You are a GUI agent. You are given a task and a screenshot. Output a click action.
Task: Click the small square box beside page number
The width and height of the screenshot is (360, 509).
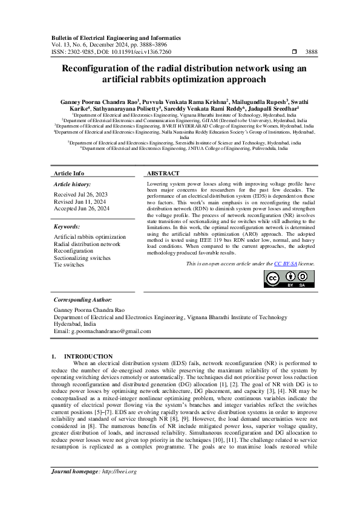click(x=294, y=52)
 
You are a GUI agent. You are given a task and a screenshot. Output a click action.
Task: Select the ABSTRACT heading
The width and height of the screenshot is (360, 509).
click(x=163, y=173)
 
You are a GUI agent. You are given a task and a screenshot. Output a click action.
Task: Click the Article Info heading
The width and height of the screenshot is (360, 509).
click(x=70, y=173)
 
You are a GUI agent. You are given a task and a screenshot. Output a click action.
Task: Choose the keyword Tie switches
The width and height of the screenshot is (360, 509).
click(x=69, y=265)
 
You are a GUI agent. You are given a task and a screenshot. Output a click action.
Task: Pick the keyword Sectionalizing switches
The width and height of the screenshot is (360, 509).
click(x=82, y=258)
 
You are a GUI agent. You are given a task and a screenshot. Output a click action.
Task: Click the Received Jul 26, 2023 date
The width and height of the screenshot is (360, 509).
click(x=80, y=195)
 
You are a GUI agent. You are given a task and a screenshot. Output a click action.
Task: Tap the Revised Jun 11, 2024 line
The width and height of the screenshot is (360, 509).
click(x=80, y=201)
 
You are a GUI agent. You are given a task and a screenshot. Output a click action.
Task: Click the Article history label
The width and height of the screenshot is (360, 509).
click(x=73, y=183)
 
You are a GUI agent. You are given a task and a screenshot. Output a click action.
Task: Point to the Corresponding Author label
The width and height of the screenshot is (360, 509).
click(x=83, y=300)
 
